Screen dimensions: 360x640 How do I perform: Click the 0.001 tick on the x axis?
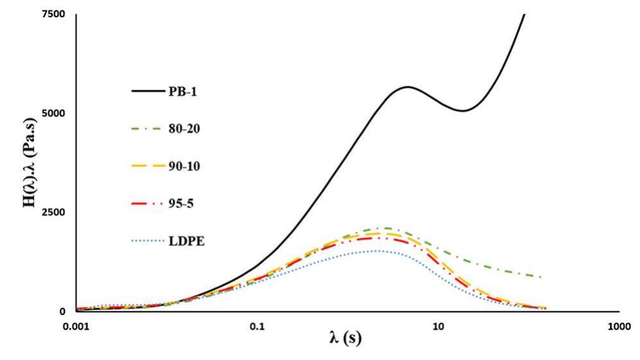pos(77,326)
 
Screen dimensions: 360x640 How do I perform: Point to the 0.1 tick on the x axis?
pos(257,326)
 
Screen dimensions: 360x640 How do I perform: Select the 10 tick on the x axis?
pos(438,326)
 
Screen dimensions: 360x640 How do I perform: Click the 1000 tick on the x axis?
pos(618,326)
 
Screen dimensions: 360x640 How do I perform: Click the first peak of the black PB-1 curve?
pos(408,87)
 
